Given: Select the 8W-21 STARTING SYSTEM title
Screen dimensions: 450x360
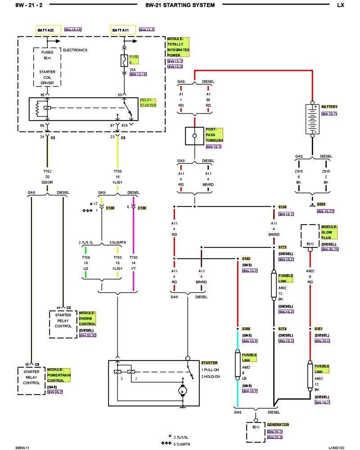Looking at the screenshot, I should point(180,5).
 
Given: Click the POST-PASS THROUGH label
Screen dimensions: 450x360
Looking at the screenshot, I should point(214,135).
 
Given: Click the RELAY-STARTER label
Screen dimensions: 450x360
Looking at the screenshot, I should point(148,103).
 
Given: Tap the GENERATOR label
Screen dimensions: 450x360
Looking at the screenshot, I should point(278,424).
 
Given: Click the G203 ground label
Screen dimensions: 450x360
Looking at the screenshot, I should point(321,204).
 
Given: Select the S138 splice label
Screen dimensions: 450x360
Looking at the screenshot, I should point(283,207).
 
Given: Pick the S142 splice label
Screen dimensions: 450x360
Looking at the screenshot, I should point(246,259).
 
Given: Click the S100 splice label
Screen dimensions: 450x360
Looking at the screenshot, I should point(246,329).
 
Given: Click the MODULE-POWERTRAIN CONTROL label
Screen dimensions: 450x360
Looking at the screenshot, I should point(58,375).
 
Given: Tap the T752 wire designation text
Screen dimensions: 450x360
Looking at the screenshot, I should point(47,171).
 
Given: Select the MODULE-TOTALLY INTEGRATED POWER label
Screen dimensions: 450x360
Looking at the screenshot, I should point(178,47).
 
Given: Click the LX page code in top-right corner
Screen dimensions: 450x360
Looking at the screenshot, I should point(340,5).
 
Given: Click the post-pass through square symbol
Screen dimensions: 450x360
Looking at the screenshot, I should point(194,135).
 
